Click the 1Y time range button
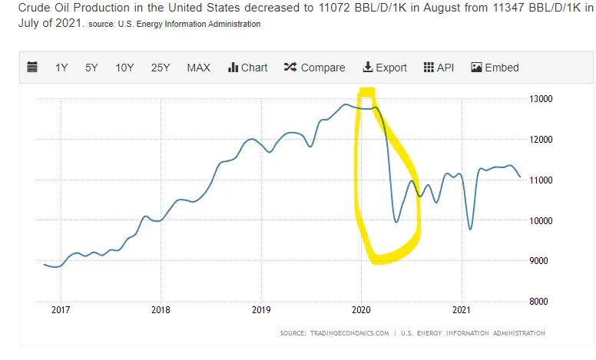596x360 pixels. pos(61,68)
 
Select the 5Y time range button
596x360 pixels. pos(91,68)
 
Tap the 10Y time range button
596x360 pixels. pos(124,68)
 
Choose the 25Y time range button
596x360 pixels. pos(161,68)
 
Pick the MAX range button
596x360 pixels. pos(198,68)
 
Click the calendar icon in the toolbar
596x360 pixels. pos(32,68)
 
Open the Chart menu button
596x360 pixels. pos(247,68)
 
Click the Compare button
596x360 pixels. pos(314,68)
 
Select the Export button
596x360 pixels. pos(385,68)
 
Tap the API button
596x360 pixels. pos(439,68)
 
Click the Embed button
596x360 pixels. pos(495,68)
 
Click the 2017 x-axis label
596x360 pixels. pos(60,311)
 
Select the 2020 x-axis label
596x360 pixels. pos(361,311)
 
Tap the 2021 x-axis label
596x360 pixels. pos(461,311)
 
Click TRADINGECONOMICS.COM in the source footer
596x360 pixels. pos(345,333)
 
